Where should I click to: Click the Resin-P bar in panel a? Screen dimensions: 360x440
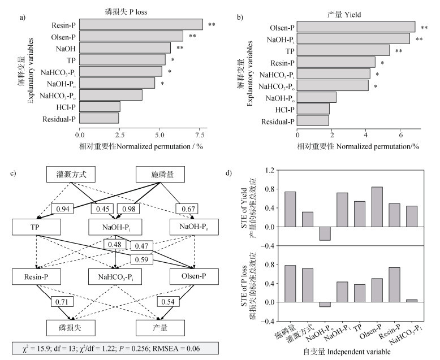(x=141, y=24)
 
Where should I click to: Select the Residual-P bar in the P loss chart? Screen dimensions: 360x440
(x=99, y=118)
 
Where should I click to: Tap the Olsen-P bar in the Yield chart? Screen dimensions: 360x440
(x=356, y=27)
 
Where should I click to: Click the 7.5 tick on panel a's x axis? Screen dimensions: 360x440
(x=199, y=136)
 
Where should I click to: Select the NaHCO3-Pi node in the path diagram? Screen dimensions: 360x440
(x=115, y=277)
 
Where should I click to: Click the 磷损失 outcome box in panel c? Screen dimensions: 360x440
(x=55, y=327)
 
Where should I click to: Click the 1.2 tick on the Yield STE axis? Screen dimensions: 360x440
(x=276, y=170)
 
